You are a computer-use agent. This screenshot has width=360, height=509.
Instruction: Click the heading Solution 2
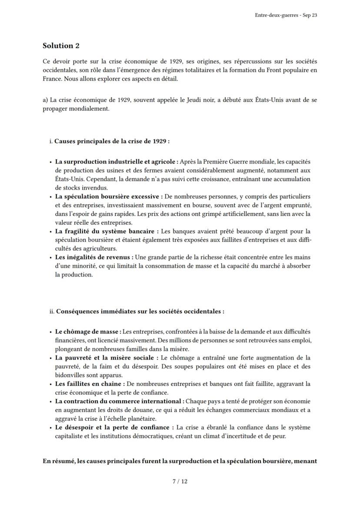61,46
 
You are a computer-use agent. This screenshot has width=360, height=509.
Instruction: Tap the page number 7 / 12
180,481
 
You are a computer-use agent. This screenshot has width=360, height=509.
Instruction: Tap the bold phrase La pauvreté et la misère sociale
104,358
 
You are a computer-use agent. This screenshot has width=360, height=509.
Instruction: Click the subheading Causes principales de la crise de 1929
111,141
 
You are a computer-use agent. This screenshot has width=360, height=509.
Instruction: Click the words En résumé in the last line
59,458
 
